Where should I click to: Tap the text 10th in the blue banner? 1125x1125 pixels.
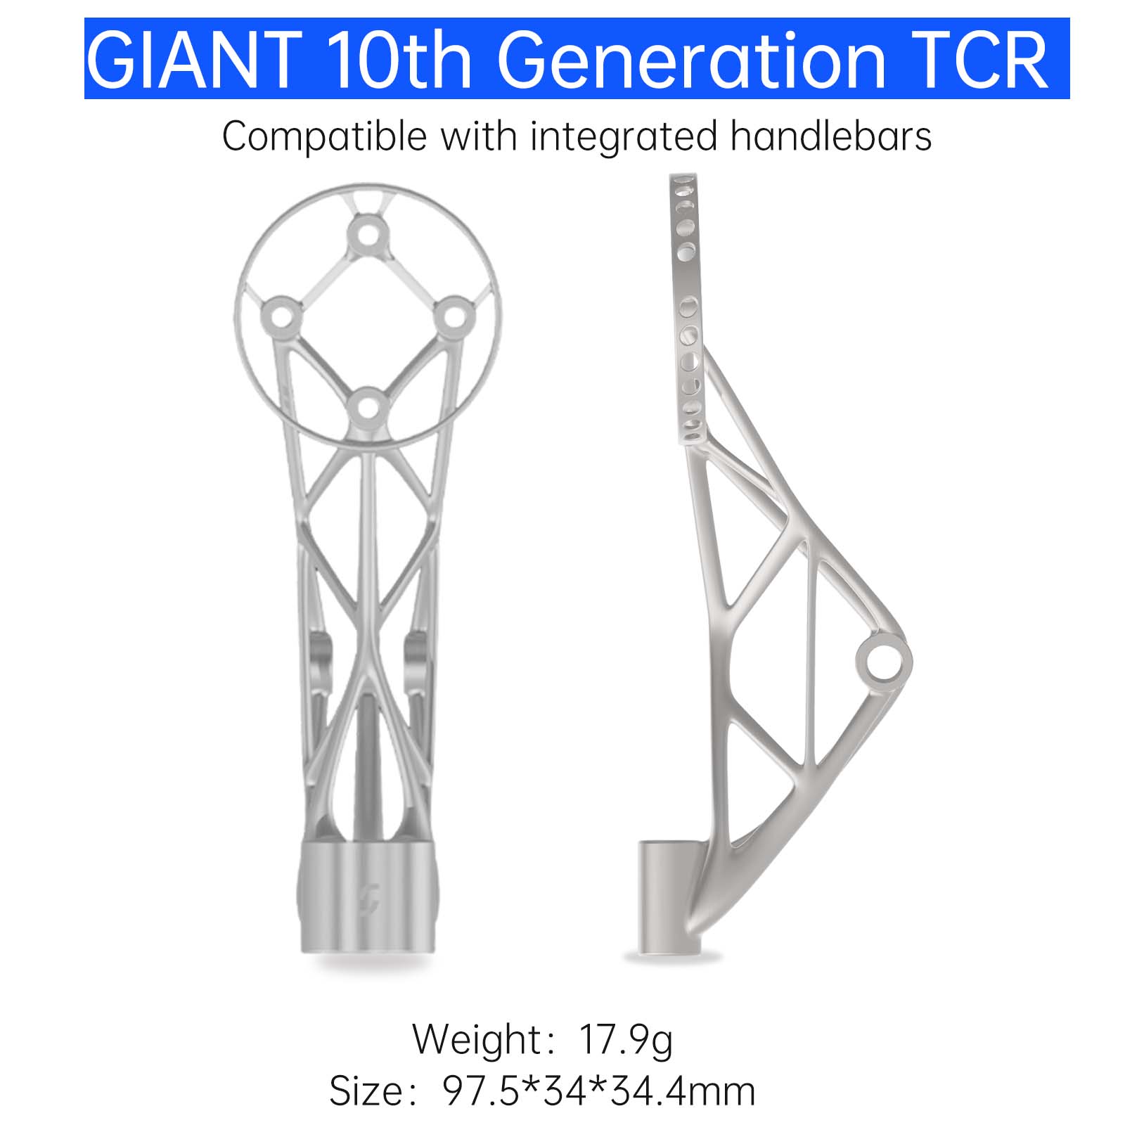399,60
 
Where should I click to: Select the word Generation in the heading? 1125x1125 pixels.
691,60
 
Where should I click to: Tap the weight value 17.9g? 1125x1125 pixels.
626,1040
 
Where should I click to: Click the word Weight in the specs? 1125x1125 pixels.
476,1040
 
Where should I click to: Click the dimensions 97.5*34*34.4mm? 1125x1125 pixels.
599,1091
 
